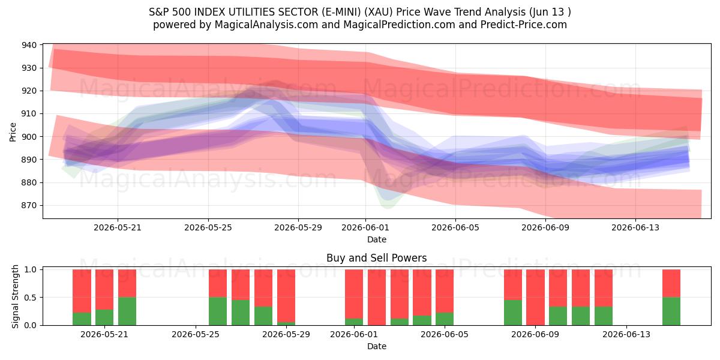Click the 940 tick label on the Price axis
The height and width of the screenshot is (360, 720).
click(29, 45)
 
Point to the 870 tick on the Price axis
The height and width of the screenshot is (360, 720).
click(29, 205)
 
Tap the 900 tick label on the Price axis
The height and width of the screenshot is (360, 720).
click(29, 137)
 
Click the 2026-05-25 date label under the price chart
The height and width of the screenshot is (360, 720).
click(208, 227)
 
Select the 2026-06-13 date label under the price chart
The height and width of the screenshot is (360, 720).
click(635, 227)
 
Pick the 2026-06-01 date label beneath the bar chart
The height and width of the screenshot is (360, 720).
click(354, 334)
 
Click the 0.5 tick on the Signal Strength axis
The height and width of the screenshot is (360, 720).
click(30, 298)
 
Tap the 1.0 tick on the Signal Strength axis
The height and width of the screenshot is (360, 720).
click(30, 269)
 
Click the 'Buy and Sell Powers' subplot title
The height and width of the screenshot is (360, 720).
click(376, 258)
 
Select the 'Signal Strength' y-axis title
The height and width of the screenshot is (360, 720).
click(15, 296)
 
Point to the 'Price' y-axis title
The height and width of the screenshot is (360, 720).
click(13, 132)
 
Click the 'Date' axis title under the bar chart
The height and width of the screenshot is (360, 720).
click(377, 346)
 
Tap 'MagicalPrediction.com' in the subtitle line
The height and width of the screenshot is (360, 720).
click(399, 25)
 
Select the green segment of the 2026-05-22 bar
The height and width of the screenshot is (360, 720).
click(127, 311)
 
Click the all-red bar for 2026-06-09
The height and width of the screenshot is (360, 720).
click(535, 298)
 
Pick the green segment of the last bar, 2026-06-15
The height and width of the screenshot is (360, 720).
click(671, 311)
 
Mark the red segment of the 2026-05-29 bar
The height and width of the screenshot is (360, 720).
click(286, 296)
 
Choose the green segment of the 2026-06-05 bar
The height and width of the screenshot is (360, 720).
click(445, 319)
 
